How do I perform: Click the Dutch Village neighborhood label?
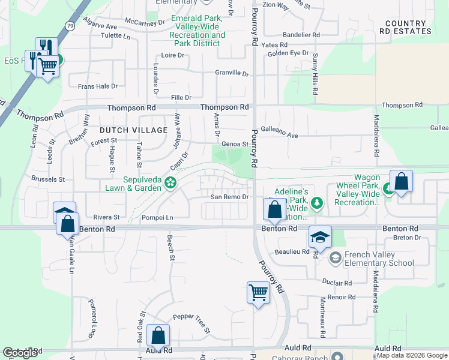(x=133, y=130)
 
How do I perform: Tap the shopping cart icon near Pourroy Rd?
(x=258, y=293)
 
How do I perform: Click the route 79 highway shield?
(x=71, y=26)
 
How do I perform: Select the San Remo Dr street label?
(x=229, y=197)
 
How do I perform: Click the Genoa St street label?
(x=235, y=144)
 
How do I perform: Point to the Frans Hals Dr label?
(x=98, y=86)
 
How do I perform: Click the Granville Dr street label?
(x=232, y=73)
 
